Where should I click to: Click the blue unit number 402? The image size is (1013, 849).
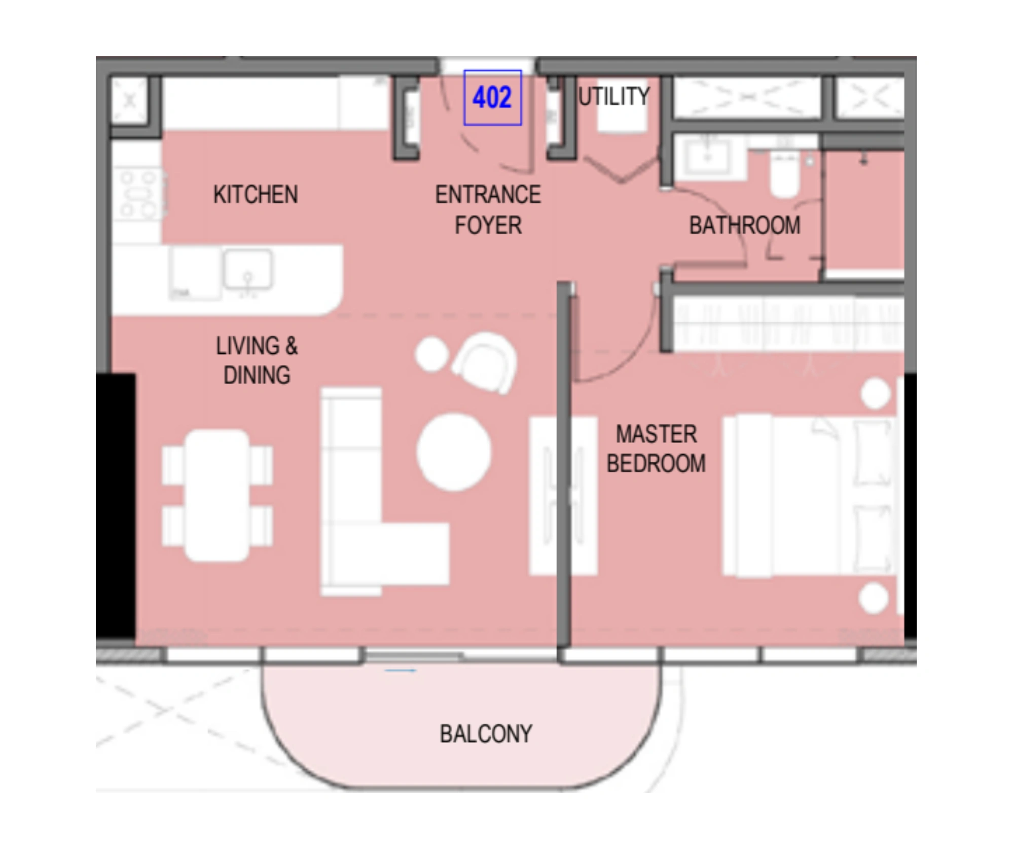point(492,97)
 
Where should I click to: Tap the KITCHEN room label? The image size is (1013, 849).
point(256,195)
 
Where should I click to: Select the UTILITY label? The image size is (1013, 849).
point(614,96)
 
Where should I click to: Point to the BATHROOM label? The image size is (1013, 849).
point(745,226)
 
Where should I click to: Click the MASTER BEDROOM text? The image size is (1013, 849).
point(656,449)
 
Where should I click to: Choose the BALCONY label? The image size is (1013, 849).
point(486,734)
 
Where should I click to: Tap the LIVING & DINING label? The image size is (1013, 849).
point(257,360)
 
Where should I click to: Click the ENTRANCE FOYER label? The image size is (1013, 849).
point(488,210)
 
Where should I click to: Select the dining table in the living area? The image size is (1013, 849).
point(218,496)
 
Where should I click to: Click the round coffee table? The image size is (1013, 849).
point(454,452)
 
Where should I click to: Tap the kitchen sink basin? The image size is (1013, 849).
point(247,269)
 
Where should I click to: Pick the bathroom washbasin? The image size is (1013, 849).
point(707,157)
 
